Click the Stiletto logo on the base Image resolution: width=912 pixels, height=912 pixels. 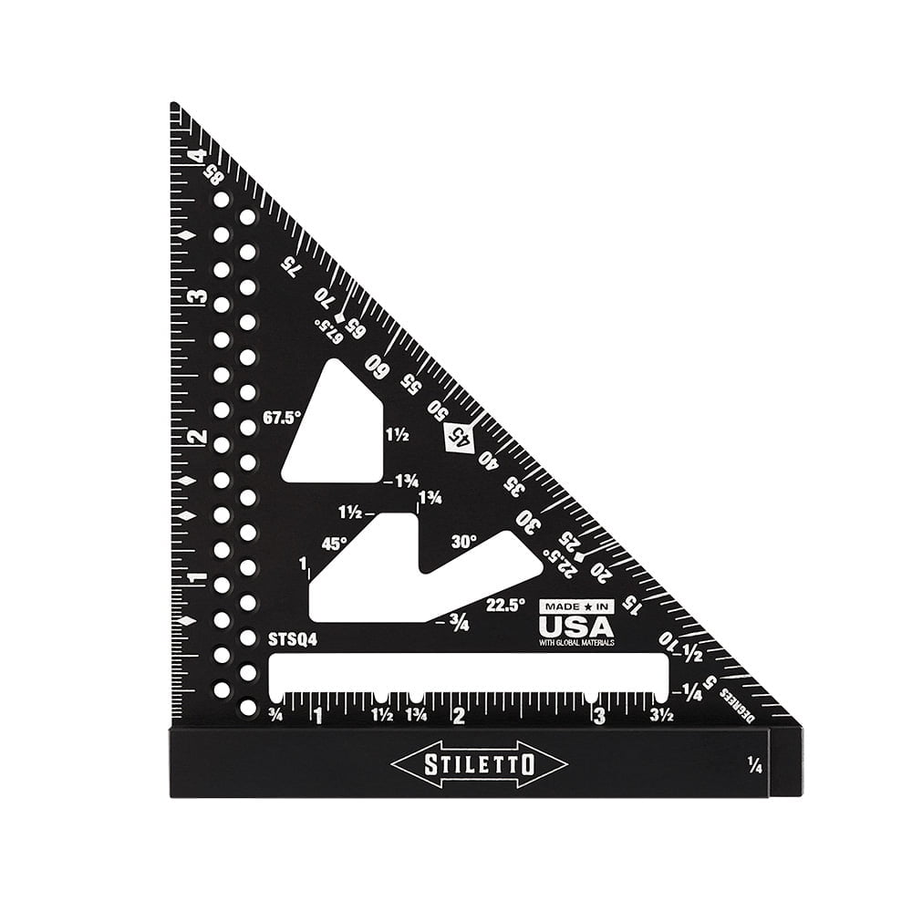479,764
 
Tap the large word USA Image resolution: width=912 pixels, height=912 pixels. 576,627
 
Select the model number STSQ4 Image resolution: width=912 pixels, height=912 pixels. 293,640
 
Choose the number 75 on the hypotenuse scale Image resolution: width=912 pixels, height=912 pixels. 291,265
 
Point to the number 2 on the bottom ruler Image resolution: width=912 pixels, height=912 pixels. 459,716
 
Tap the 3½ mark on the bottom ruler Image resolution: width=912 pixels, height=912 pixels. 661,716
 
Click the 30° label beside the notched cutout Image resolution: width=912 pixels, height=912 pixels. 463,541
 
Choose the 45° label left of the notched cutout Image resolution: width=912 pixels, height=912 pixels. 335,544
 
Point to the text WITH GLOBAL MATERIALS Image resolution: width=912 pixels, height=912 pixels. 576,643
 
